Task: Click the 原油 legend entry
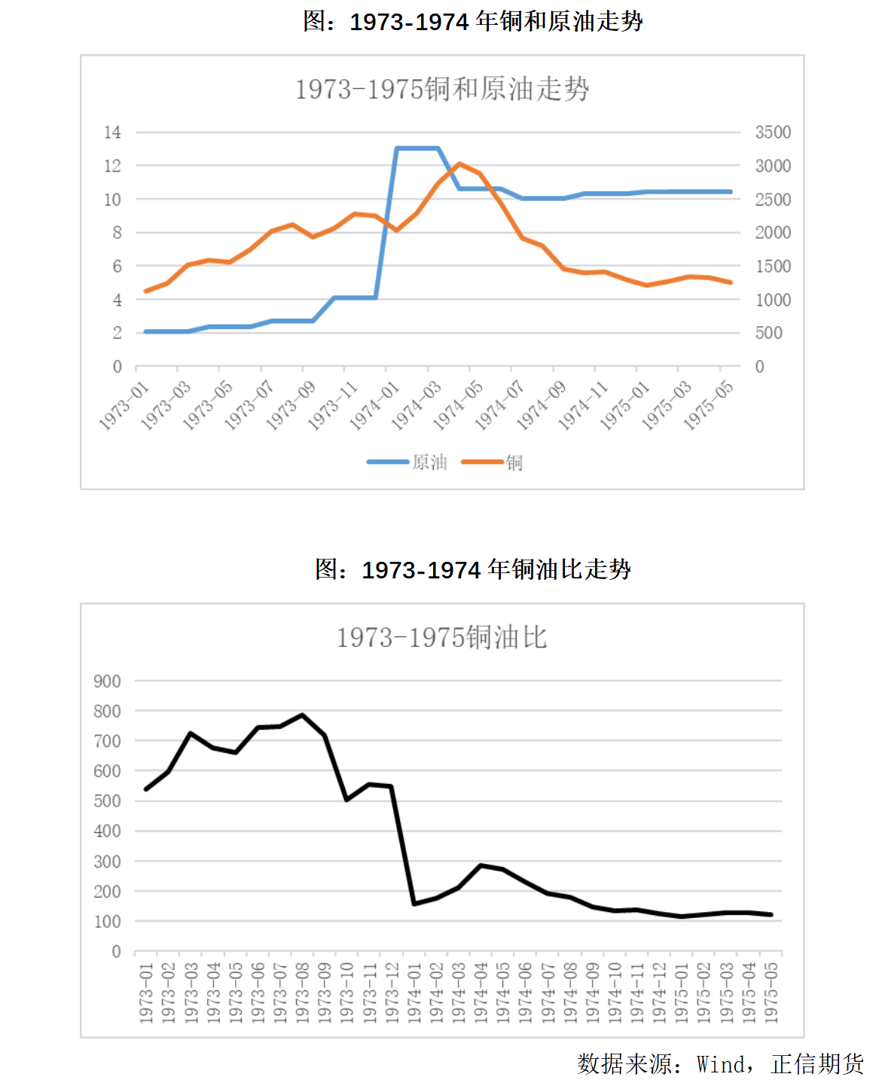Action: (x=429, y=462)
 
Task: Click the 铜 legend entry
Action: (x=514, y=462)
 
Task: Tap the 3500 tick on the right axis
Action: (x=773, y=133)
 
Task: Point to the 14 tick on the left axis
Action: (x=112, y=133)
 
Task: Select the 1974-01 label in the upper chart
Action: (x=375, y=405)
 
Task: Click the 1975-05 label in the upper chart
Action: (x=709, y=405)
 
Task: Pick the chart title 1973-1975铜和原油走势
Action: (x=442, y=90)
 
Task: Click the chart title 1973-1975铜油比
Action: (x=442, y=638)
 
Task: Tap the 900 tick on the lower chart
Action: (x=107, y=682)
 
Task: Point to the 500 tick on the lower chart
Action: (x=107, y=801)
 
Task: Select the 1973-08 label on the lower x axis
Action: (x=303, y=993)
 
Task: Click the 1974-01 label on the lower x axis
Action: (x=414, y=993)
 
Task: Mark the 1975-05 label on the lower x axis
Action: (x=771, y=993)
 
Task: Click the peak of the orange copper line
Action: (x=459, y=163)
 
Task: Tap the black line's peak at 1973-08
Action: (x=303, y=715)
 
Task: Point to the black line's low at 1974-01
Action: (x=414, y=904)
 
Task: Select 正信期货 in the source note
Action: (x=817, y=1064)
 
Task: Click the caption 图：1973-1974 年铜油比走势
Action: (x=473, y=569)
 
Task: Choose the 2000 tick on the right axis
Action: (x=773, y=233)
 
